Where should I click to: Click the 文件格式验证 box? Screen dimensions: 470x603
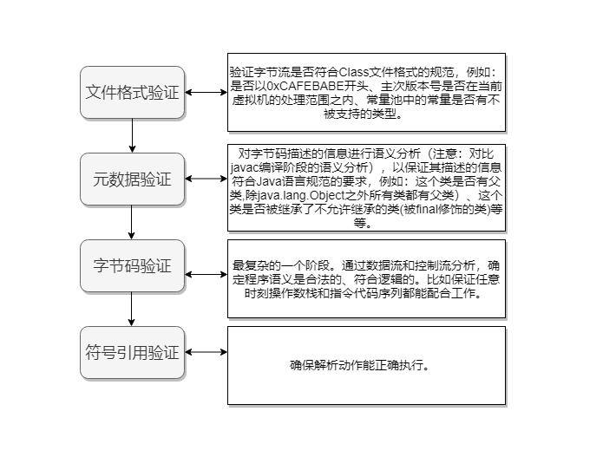tap(132, 92)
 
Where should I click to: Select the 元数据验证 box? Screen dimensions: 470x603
tap(132, 180)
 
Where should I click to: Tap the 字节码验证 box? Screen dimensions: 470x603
tap(132, 265)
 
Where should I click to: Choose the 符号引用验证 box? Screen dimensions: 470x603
tap(132, 352)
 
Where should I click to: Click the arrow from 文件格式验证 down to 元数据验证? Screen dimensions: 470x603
tap(132, 135)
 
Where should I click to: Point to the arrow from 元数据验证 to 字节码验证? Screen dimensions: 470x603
tap(132, 222)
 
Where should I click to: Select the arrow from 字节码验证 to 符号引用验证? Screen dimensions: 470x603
tap(132, 309)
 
